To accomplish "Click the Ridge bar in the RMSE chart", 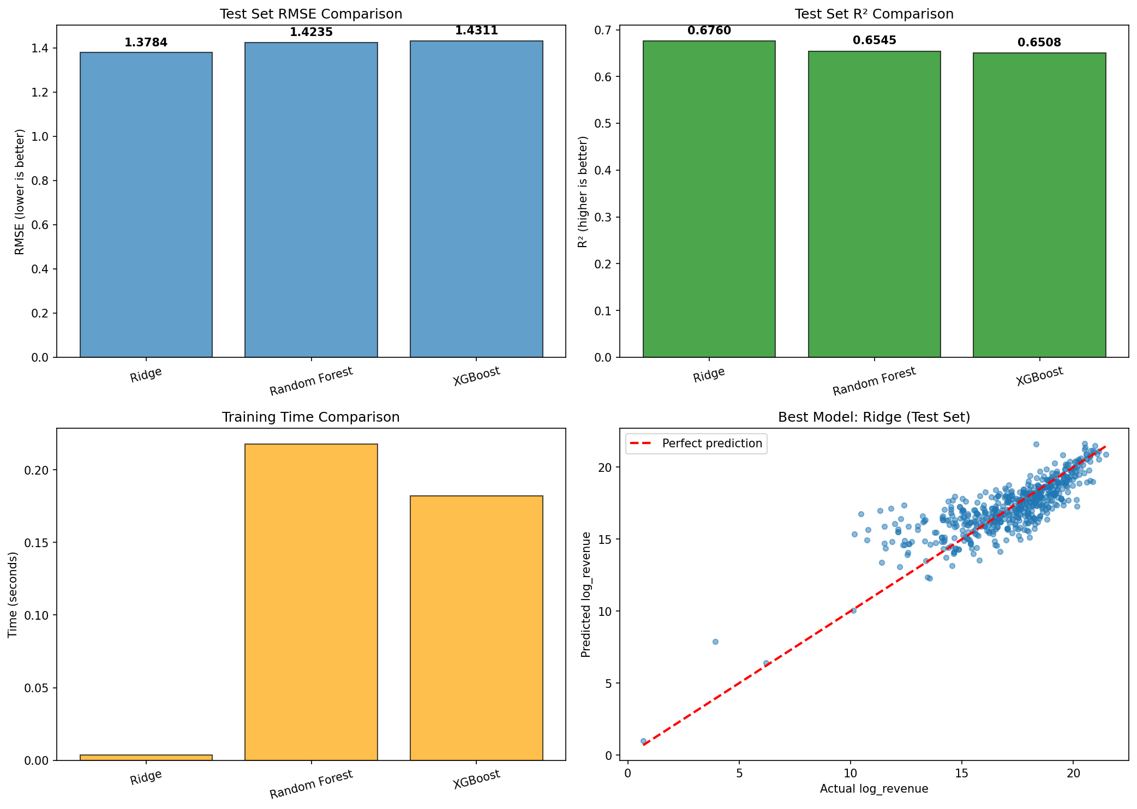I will click(x=146, y=205).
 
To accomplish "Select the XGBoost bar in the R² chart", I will click(x=1039, y=205).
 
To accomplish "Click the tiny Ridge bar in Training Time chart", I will click(x=146, y=757).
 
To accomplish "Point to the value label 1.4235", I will click(x=311, y=32).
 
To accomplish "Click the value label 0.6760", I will click(x=709, y=31).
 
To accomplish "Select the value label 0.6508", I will click(x=1039, y=43).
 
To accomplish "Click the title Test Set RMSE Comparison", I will click(x=311, y=14).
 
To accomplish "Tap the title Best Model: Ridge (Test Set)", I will click(x=874, y=417).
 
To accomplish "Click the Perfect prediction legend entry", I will click(x=696, y=444).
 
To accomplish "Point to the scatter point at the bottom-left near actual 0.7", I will click(x=643, y=741).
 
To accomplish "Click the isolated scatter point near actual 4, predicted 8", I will click(x=715, y=642).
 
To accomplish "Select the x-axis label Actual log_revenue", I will click(x=874, y=789).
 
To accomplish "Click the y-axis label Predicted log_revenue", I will click(x=586, y=595).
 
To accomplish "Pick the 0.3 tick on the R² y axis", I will click(x=603, y=217).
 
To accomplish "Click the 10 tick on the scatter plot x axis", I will click(x=851, y=773).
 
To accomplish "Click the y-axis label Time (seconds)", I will click(x=13, y=595).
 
